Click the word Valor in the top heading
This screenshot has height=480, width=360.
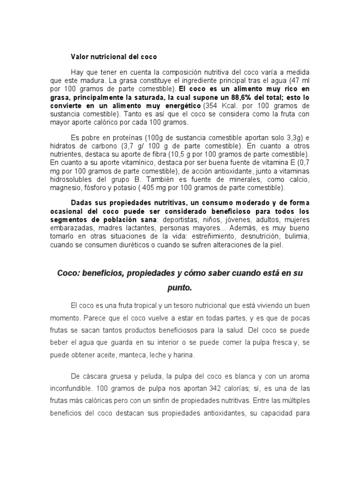click(79, 57)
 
